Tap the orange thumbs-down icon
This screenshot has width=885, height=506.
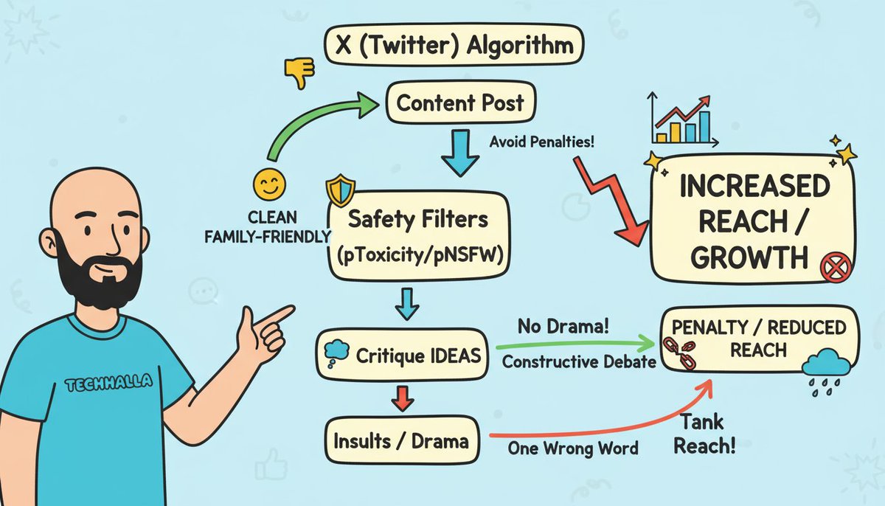(299, 72)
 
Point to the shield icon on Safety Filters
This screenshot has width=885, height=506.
(340, 191)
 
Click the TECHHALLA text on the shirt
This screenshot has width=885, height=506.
(108, 383)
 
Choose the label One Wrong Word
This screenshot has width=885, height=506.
(573, 448)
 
